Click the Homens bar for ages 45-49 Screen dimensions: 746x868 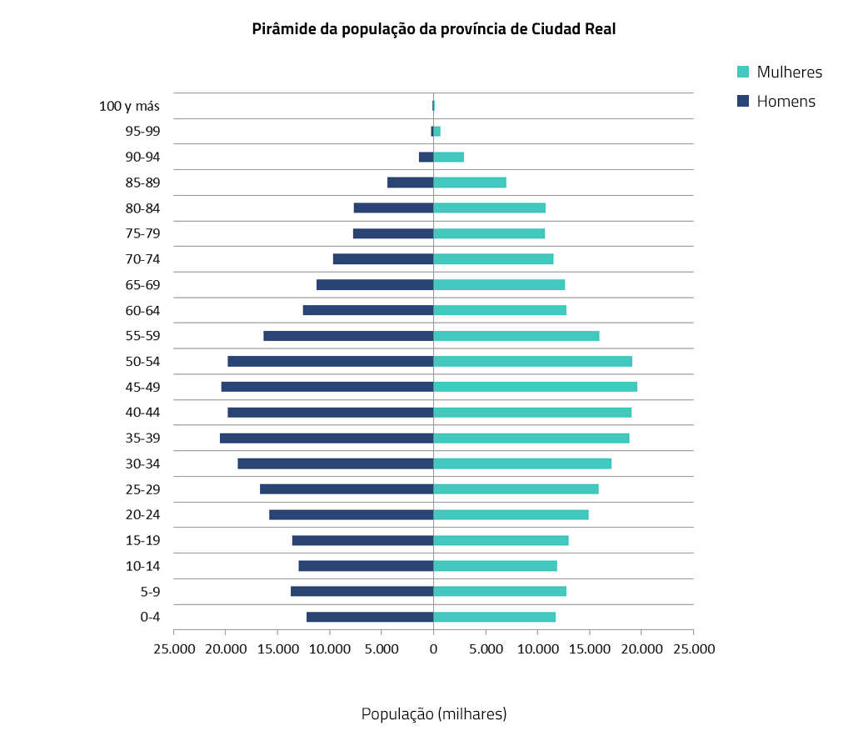click(x=327, y=387)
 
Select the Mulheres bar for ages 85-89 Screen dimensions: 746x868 click(x=470, y=183)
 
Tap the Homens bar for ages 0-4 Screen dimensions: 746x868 click(x=370, y=617)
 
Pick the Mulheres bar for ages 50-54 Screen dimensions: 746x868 click(x=533, y=361)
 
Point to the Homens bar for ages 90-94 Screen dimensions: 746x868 click(x=426, y=157)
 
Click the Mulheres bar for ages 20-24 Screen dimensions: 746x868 click(x=511, y=514)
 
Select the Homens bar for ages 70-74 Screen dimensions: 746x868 click(x=383, y=259)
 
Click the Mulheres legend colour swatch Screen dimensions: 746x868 click(x=744, y=72)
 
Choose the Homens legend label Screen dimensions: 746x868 click(x=786, y=102)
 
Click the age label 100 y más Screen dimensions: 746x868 click(x=129, y=106)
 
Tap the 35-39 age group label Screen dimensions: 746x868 click(x=143, y=438)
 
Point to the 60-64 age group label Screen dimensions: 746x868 click(x=143, y=310)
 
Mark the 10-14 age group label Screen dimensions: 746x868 click(x=143, y=566)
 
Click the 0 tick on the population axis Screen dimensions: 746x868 click(x=433, y=648)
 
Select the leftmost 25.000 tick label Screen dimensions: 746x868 click(x=173, y=648)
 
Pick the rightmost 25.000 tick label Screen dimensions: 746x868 click(x=693, y=648)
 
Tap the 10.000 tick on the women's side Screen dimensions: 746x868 click(x=537, y=648)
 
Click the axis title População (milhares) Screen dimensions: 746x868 click(x=433, y=714)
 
